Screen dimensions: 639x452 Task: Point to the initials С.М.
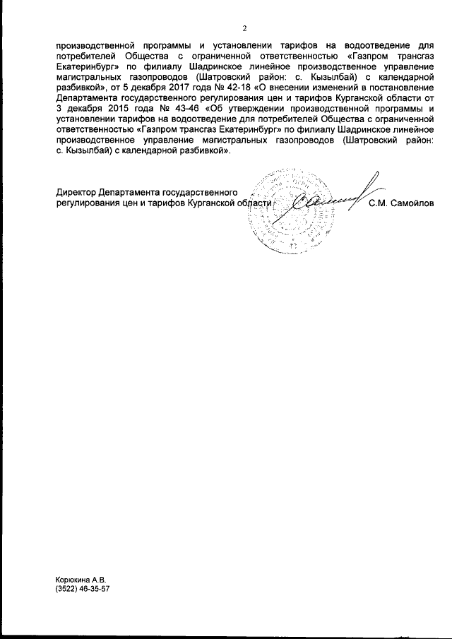[x=377, y=203]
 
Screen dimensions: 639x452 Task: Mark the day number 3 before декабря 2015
[x=58, y=109]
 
